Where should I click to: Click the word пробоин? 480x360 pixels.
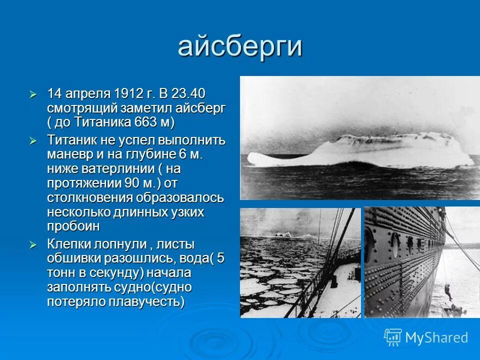(x=73, y=226)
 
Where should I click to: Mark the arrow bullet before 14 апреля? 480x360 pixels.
(x=33, y=94)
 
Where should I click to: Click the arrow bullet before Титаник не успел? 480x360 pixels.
(x=33, y=140)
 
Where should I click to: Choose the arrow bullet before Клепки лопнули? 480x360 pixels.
(x=33, y=245)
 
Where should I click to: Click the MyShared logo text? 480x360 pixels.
(x=436, y=337)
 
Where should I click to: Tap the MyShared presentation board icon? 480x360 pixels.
(x=392, y=337)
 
